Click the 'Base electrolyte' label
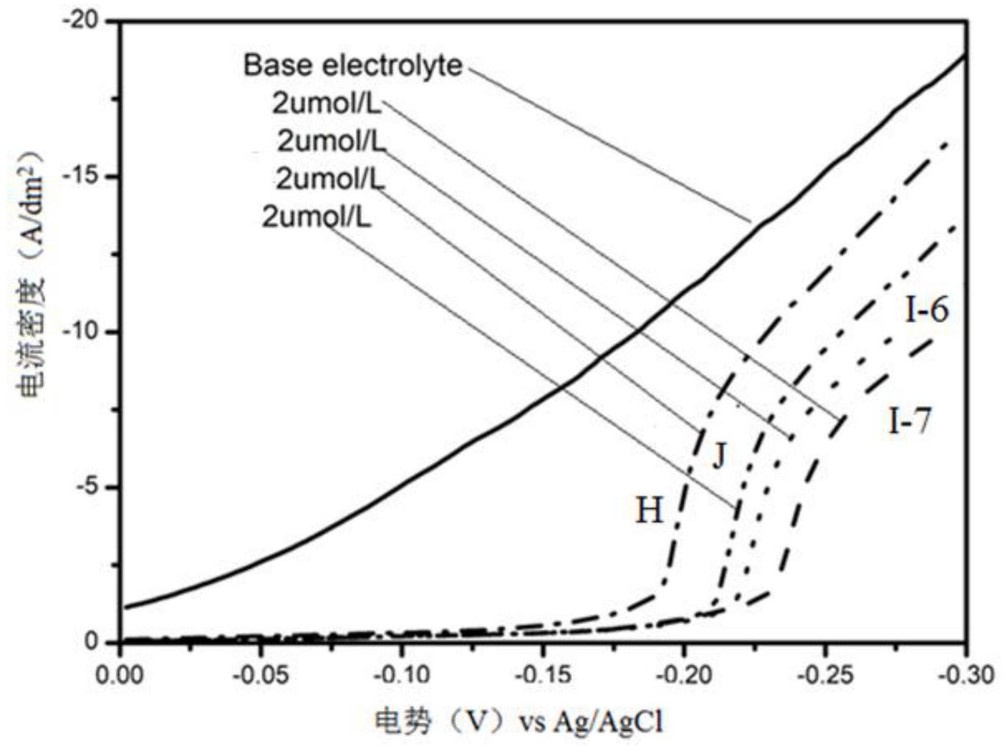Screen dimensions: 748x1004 [353, 65]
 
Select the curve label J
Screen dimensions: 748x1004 [719, 455]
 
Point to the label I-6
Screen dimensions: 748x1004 [927, 311]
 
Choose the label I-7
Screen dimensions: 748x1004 [910, 420]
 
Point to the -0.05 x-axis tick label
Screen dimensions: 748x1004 [260, 676]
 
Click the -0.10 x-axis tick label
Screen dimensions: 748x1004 [401, 676]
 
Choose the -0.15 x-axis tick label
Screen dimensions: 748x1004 [542, 676]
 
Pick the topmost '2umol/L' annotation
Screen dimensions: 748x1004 [327, 104]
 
